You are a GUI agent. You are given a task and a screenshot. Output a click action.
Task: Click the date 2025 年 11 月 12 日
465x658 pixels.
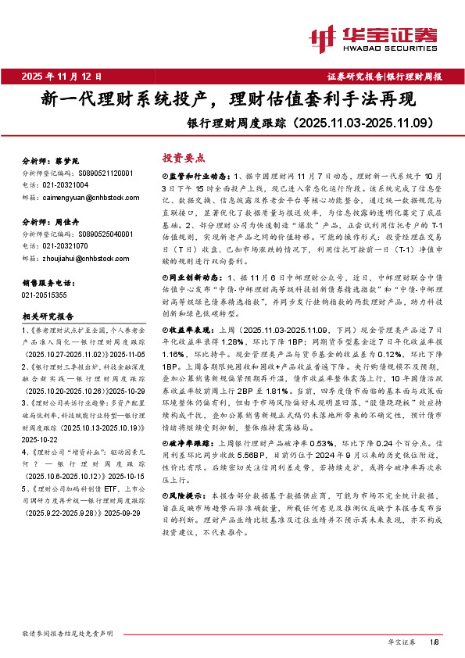pyautogui.click(x=62, y=77)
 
